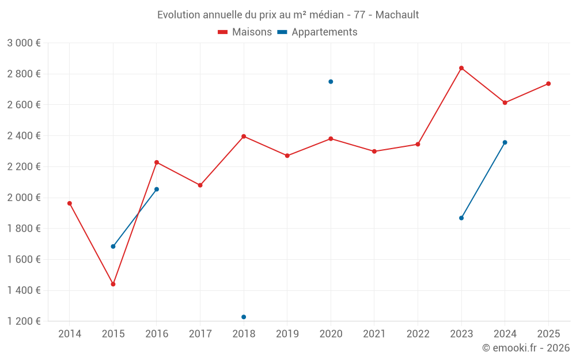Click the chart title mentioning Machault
[288, 14]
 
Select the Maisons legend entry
[245, 32]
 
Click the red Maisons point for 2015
[113, 284]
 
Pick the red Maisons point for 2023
[461, 68]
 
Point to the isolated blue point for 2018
[244, 317]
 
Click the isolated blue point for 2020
[331, 82]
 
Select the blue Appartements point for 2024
[505, 142]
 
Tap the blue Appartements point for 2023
[461, 218]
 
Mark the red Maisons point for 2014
[70, 203]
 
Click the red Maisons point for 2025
[548, 84]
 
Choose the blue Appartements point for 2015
[113, 247]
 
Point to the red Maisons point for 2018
[244, 137]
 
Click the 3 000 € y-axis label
[24, 43]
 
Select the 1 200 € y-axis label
[24, 321]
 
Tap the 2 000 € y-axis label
[24, 198]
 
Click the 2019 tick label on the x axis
[287, 334]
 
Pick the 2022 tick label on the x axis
[418, 334]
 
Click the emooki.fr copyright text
[525, 348]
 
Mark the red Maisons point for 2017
[200, 185]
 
